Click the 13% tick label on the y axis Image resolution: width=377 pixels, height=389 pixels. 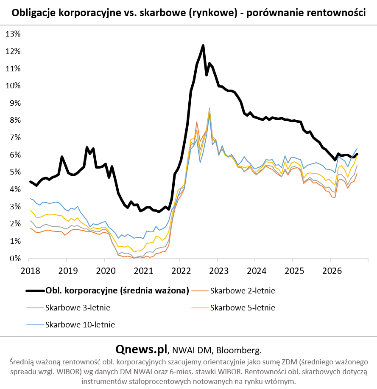pos(13,34)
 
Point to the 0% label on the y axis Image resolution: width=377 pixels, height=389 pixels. pos(15,259)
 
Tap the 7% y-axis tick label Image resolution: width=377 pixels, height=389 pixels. pos(15,138)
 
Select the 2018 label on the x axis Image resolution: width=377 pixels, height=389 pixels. pos(30,271)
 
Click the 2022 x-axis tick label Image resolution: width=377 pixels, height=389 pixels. pos(181,271)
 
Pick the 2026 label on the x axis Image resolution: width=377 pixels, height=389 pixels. pos(332,271)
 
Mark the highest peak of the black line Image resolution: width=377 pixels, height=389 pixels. pos(203,45)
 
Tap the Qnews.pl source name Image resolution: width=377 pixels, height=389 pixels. pos(142,350)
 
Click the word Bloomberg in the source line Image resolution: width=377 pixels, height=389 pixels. pos(239,350)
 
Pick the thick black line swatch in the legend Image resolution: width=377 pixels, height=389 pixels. pos(35,291)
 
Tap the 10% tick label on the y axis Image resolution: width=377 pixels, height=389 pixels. pos(13,86)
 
